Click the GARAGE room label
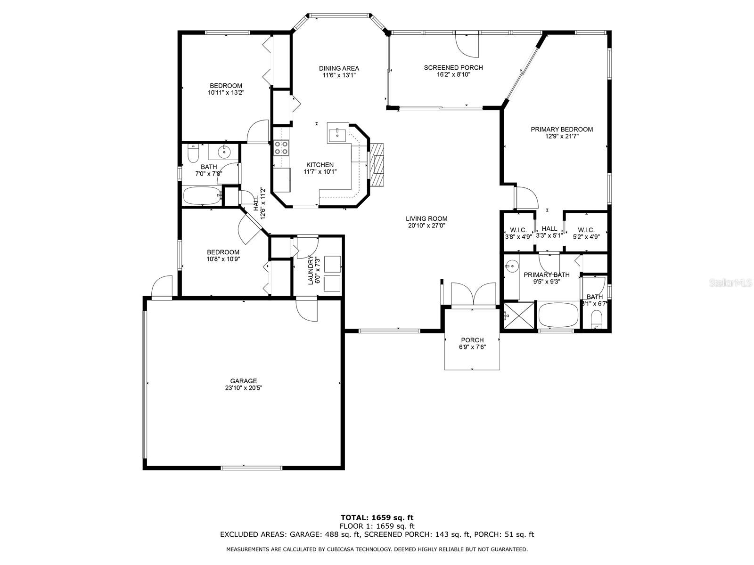(244, 381)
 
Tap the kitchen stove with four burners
(281, 148)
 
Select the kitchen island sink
(337, 134)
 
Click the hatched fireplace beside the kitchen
(377, 165)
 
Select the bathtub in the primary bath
(558, 315)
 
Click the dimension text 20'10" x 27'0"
(426, 226)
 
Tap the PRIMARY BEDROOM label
(562, 129)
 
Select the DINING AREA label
(339, 69)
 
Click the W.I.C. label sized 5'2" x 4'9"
(586, 230)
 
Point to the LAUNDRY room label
(311, 270)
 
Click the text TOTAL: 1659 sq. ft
(377, 518)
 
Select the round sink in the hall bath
(224, 152)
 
